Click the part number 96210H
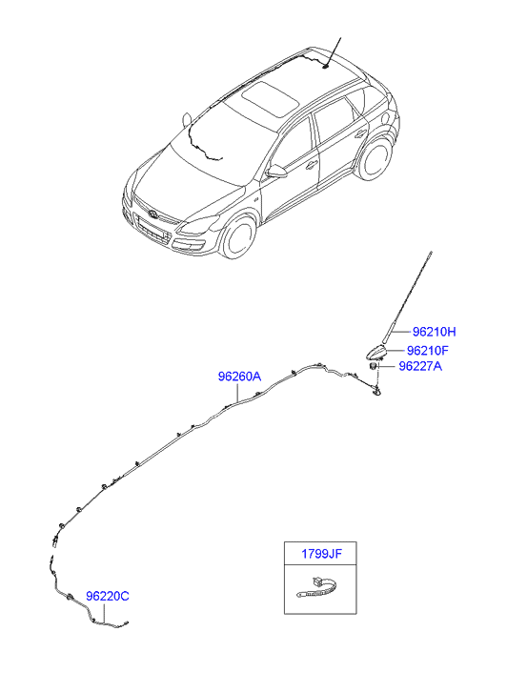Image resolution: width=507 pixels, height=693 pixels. tap(434, 332)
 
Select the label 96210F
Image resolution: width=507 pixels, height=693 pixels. tap(428, 351)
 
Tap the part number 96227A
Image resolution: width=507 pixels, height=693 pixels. tap(420, 366)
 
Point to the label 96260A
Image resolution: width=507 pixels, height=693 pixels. tap(239, 377)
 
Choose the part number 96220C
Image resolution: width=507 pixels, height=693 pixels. tap(108, 596)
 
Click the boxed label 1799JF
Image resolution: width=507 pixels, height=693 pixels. tap(321, 553)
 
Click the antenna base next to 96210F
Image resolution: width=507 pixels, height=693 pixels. tap(375, 353)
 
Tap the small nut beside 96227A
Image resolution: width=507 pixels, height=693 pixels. tap(374, 366)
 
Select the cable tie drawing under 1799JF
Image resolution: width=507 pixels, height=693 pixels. tap(318, 589)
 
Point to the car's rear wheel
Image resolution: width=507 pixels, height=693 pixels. tap(375, 158)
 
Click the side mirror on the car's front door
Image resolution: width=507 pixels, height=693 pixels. tap(277, 171)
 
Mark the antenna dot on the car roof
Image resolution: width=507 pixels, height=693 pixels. tap(326, 67)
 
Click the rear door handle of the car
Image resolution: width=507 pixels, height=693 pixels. tap(360, 133)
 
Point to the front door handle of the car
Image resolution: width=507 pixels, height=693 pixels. tap(312, 165)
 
